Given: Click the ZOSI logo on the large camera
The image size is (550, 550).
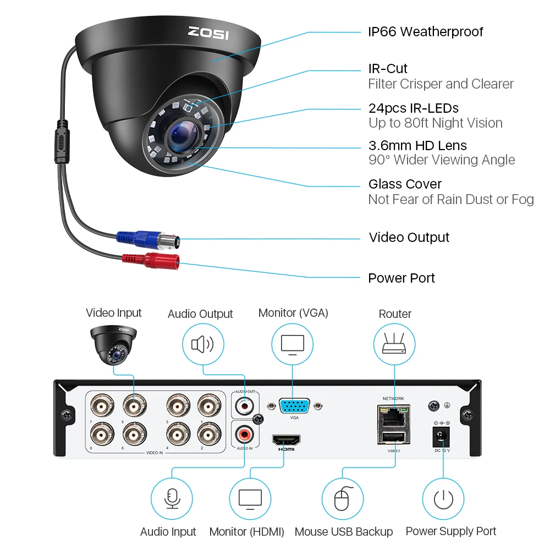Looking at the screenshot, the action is pos(209,32).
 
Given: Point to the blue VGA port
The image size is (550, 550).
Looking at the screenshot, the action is pos(294,406).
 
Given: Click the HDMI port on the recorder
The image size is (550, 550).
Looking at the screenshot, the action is pos(286,440).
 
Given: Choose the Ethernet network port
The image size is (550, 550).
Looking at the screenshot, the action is pos(393,415).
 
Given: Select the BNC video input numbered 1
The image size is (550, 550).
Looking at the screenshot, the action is pos(208,406).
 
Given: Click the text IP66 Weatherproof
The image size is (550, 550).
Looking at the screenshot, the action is pos(425,32).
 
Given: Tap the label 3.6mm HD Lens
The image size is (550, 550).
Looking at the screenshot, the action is pos(417,146).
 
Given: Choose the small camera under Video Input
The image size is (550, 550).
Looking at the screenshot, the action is pos(114,342).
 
